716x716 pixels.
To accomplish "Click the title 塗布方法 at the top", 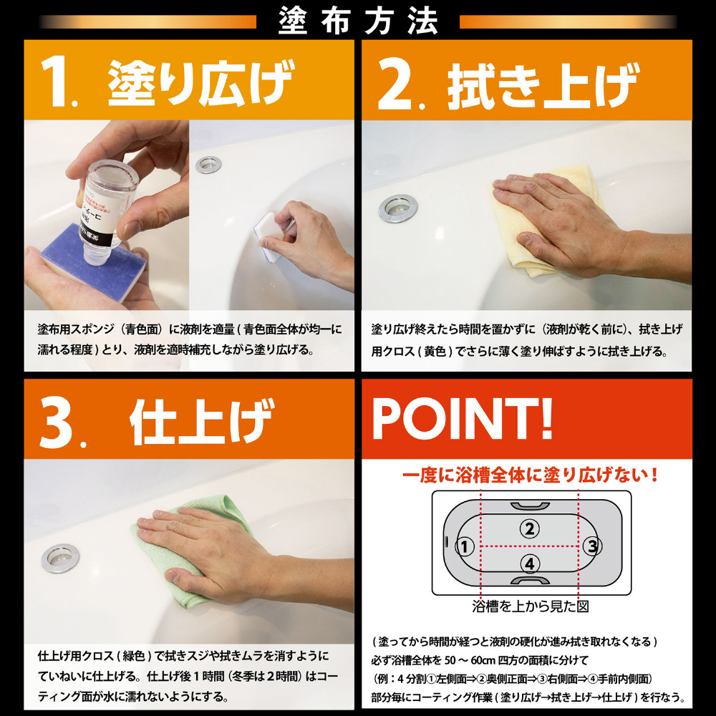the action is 358,21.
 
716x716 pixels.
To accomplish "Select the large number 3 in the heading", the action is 57,423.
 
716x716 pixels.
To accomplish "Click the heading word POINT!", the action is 463,418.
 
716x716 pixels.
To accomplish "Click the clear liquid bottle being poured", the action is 110,210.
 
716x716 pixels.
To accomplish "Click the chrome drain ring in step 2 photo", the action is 397,208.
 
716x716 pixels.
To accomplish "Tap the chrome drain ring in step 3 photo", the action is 60,558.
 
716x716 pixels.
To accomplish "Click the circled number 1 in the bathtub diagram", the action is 465,546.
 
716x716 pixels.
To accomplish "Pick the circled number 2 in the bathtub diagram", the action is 530,529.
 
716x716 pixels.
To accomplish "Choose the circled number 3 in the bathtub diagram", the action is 592,546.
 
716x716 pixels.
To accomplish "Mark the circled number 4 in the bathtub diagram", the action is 530,563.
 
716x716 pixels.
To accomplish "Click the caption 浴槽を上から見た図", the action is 530,606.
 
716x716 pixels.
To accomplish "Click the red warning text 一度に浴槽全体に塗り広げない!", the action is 530,475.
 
